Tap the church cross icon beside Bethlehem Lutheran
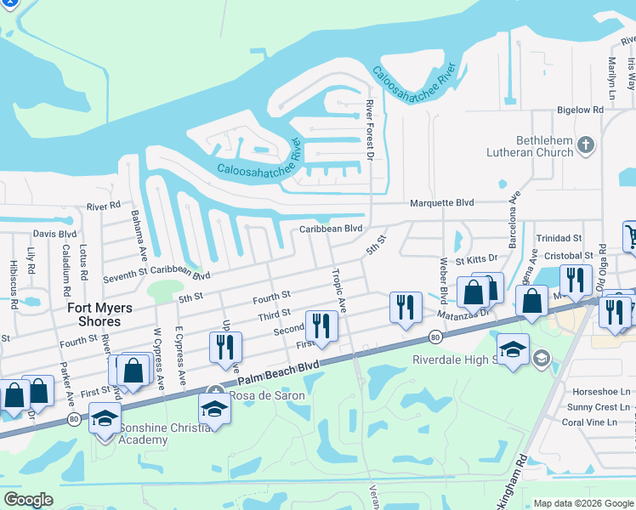tap(585, 146)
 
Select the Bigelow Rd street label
tap(579, 110)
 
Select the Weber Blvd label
tap(443, 281)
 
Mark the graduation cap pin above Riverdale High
tap(513, 350)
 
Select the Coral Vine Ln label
tap(595, 422)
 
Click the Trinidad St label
tap(559, 239)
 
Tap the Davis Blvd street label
tap(54, 234)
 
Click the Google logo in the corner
tap(28, 500)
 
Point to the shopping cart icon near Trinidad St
tap(629, 235)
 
